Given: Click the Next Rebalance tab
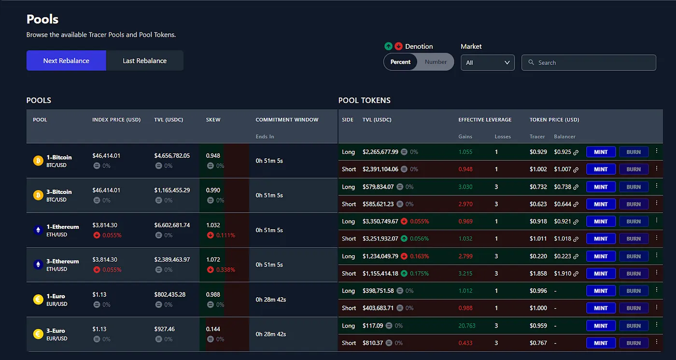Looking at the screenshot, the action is pos(66,61).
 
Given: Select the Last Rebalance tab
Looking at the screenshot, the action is pos(144,61).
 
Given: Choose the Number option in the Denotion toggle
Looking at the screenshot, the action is pos(436,62).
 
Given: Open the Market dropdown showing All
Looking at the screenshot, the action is pos(488,63).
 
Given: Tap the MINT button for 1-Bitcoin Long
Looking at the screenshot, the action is pos(601,152).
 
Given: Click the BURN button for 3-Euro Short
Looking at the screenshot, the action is pos(634,343).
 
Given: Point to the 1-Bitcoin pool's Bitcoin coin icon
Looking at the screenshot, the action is pos(38,161).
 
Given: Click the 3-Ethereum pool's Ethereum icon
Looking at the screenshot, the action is pos(38,264).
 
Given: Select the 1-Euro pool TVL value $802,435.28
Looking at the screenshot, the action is pos(170,294).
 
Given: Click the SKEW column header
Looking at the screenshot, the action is pos(213,120).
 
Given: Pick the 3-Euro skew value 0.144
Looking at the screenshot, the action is pos(213,329).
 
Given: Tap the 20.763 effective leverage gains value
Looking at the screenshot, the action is pos(467,326).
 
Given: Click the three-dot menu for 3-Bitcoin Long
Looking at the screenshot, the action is pos(656,186).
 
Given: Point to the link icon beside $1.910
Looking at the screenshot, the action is pos(576,274).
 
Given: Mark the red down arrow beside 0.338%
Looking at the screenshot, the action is pos(211,270).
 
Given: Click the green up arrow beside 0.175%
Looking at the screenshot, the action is pos(404,274).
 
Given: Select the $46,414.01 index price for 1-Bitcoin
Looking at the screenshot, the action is pos(106,156).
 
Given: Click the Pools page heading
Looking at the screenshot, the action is pos(42,19).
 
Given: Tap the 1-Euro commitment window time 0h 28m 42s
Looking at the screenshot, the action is pos(271,300).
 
